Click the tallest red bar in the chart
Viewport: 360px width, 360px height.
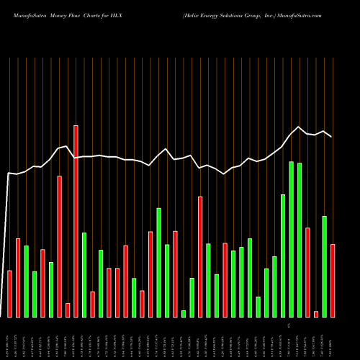[76, 221]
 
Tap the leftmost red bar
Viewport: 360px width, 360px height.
[9, 294]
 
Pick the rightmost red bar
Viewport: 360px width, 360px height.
[333, 281]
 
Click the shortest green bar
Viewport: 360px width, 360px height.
[184, 313]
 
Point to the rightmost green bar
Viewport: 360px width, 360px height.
[325, 266]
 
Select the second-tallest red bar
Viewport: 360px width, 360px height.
[59, 246]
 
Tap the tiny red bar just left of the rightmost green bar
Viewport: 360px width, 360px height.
[316, 313]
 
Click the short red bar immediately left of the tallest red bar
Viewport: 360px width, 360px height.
[68, 310]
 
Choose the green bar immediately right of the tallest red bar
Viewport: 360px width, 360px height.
[84, 274]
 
